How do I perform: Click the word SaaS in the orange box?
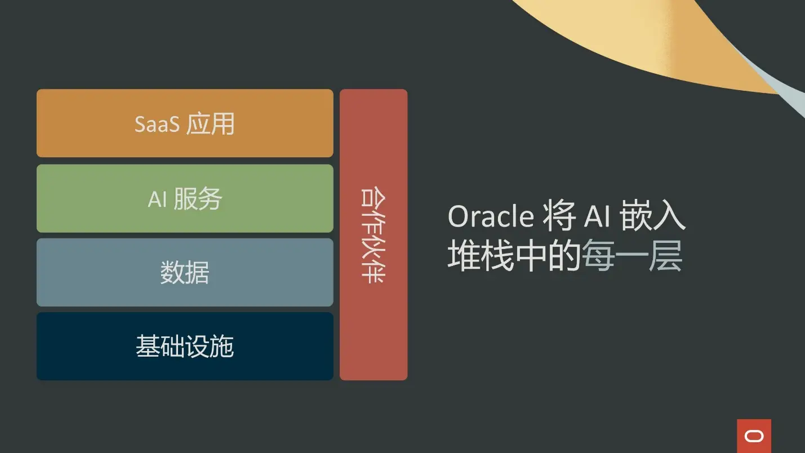[157, 124]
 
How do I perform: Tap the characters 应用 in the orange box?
[210, 123]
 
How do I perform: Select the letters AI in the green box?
[157, 199]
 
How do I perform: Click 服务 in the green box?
[198, 198]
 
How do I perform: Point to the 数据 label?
[185, 272]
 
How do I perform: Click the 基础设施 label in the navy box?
[185, 346]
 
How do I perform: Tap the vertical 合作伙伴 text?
[373, 235]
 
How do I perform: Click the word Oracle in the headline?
[491, 216]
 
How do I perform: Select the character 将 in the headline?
[559, 216]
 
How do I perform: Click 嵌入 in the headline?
[653, 216]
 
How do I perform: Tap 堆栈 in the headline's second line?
[481, 255]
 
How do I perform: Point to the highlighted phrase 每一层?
[632, 255]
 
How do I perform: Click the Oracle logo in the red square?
[754, 436]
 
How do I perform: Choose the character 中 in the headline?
[531, 255]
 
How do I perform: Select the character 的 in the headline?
[564, 255]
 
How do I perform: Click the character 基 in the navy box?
[148, 346]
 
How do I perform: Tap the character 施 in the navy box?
[222, 346]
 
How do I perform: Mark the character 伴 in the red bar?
[373, 272]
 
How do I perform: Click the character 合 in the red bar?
[373, 198]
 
